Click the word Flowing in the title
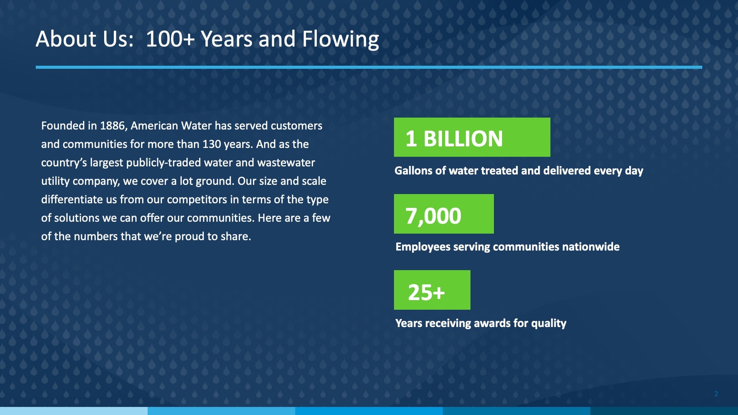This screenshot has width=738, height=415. (x=341, y=40)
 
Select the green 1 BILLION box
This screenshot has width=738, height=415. (x=472, y=137)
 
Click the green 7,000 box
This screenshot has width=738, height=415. (x=444, y=214)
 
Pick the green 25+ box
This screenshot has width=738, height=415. (x=432, y=290)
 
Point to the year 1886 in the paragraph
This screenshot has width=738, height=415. (x=113, y=126)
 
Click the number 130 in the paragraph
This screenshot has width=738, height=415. (x=212, y=144)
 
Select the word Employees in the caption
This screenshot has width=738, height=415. (x=423, y=247)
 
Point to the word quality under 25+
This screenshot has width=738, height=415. (x=549, y=324)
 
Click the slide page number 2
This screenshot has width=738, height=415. (x=716, y=394)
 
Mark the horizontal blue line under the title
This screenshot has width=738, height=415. (x=369, y=67)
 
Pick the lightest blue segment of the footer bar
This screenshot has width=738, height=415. (x=74, y=411)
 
